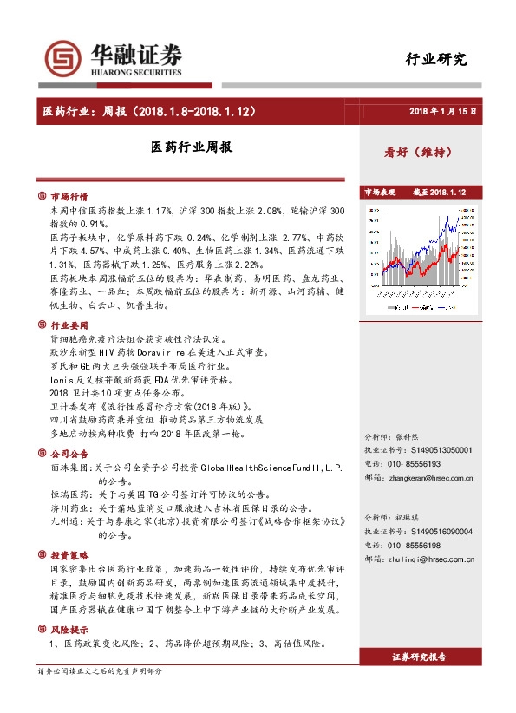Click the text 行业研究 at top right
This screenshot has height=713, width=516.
(x=436, y=60)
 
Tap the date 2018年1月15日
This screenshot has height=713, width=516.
(x=443, y=112)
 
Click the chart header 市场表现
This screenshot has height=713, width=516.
(x=379, y=192)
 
